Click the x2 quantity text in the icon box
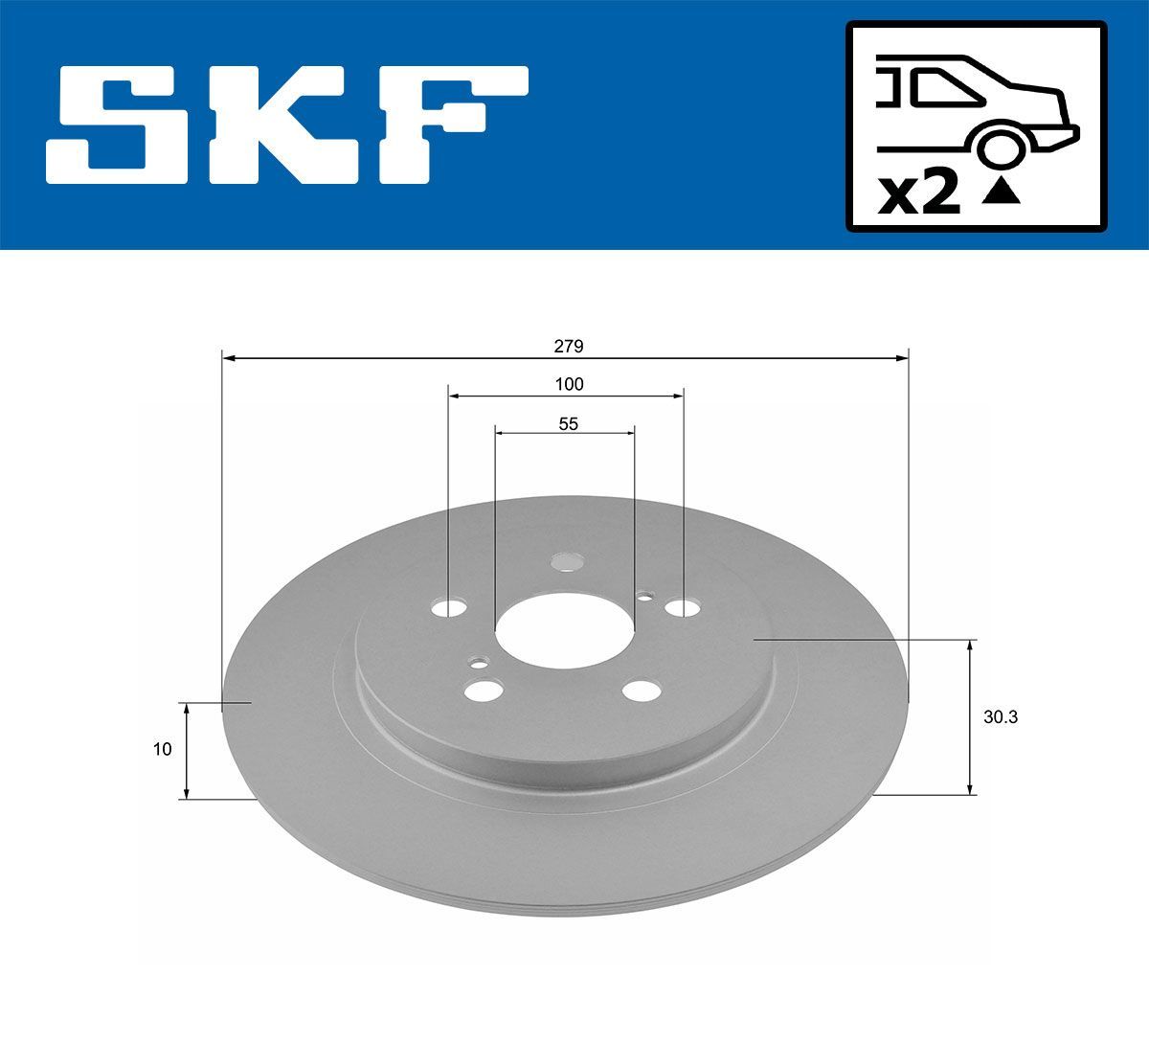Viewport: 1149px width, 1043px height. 919,194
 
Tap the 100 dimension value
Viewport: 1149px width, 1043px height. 569,385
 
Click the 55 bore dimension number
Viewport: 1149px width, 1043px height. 569,423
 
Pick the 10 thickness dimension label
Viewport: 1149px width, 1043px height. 162,749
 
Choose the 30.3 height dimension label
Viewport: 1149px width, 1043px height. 1000,716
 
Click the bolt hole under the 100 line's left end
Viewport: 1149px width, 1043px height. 448,608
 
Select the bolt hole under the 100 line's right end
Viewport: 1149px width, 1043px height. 683,607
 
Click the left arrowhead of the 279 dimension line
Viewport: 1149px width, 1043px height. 228,358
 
